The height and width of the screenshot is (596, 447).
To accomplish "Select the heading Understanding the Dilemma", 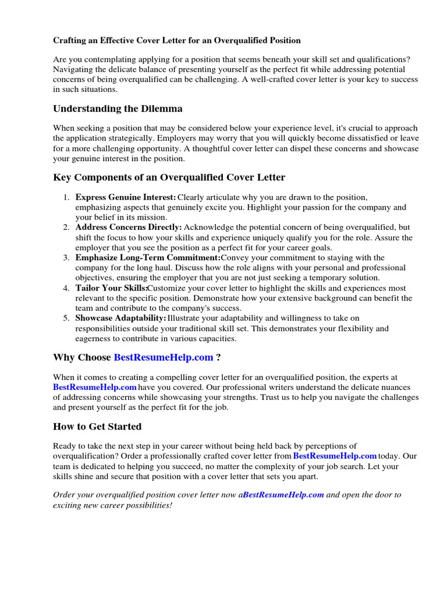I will tap(118, 109).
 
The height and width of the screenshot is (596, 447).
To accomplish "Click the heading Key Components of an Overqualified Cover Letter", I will tap(169, 178).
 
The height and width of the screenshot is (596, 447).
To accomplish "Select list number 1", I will tap(66, 198).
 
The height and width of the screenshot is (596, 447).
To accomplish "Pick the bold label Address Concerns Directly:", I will tap(129, 228).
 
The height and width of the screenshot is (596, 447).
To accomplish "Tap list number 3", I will tap(66, 258).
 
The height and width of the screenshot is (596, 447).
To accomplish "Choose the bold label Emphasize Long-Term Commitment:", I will tap(148, 258).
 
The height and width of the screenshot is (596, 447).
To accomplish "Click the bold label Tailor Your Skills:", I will tap(111, 288).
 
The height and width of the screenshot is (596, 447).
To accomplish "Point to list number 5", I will tap(66, 318).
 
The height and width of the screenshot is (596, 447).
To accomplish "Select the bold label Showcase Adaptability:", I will tap(121, 318).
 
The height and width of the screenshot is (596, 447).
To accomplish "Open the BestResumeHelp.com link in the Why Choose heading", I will tap(164, 357).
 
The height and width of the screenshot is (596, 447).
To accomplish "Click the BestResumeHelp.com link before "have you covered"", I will tap(95, 388).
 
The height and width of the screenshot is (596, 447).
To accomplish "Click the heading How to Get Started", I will tap(97, 427).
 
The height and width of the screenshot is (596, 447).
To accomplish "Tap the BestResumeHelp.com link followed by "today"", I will tap(335, 456).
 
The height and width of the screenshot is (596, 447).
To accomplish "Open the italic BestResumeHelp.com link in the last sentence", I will tap(283, 495).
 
